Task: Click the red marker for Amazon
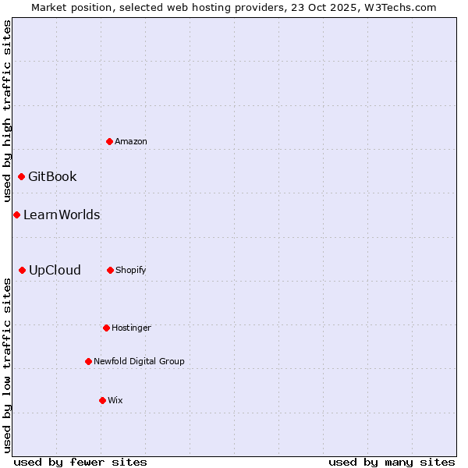109,141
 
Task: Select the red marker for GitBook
21,176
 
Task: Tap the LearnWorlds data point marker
16,214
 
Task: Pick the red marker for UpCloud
22,270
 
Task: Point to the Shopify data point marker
110,270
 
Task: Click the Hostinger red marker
106,328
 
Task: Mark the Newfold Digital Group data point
88,361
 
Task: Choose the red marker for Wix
102,400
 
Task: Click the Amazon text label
131,141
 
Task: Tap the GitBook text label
52,176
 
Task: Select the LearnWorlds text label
62,214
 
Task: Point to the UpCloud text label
55,270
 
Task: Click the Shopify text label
131,270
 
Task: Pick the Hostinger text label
131,328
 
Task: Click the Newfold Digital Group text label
139,361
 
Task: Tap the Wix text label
115,400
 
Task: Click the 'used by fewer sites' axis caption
80,462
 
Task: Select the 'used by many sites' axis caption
392,462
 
